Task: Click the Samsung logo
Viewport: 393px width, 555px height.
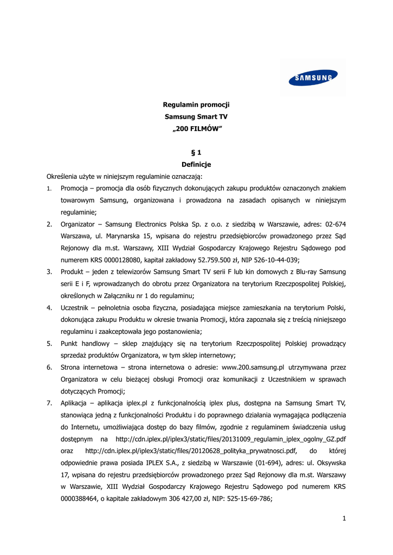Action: point(313,79)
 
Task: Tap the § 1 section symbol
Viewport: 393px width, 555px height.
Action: point(196,153)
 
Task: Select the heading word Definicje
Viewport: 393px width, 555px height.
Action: point(196,164)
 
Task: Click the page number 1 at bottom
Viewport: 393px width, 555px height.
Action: point(344,518)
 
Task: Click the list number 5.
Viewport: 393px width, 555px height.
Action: point(49,344)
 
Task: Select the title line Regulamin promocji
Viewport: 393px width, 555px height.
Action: point(196,105)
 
